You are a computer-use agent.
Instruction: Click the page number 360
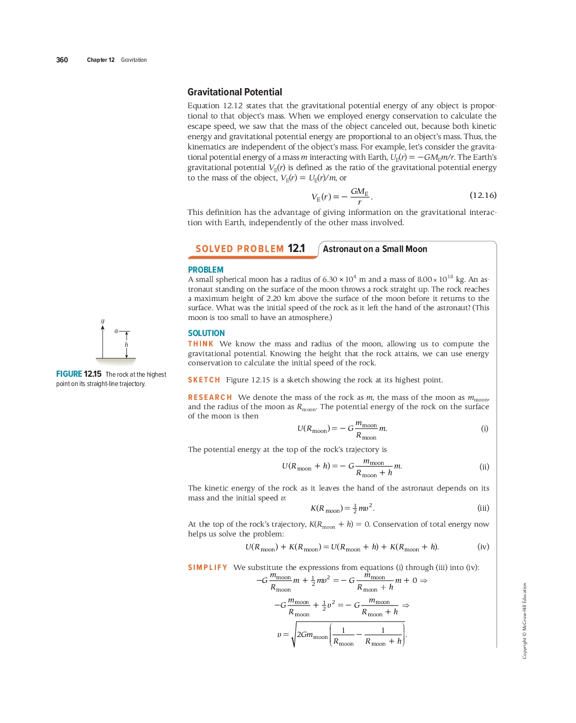point(62,60)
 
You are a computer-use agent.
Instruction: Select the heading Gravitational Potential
point(234,92)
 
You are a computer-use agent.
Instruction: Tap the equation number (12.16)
point(483,195)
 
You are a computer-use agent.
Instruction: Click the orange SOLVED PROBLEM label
point(240,249)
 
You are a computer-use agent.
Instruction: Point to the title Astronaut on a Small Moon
point(375,249)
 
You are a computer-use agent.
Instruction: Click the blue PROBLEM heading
point(206,270)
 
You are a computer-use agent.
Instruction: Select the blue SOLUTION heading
point(206,333)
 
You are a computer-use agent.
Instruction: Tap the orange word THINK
point(200,344)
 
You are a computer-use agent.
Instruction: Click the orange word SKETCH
point(204,380)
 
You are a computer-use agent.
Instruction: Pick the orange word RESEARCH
point(210,397)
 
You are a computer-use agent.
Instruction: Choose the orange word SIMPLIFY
point(208,567)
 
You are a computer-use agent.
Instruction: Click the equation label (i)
point(484,428)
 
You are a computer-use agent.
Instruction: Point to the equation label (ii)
point(484,467)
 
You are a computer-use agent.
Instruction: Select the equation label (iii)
point(483,508)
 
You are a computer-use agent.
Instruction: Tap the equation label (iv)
point(483,547)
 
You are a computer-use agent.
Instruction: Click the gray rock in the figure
point(116,331)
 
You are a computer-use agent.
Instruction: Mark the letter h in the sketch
point(126,345)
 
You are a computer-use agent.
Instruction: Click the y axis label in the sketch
point(103,321)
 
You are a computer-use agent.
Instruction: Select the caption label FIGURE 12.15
point(79,374)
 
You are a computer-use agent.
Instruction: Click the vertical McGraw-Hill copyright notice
point(524,620)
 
